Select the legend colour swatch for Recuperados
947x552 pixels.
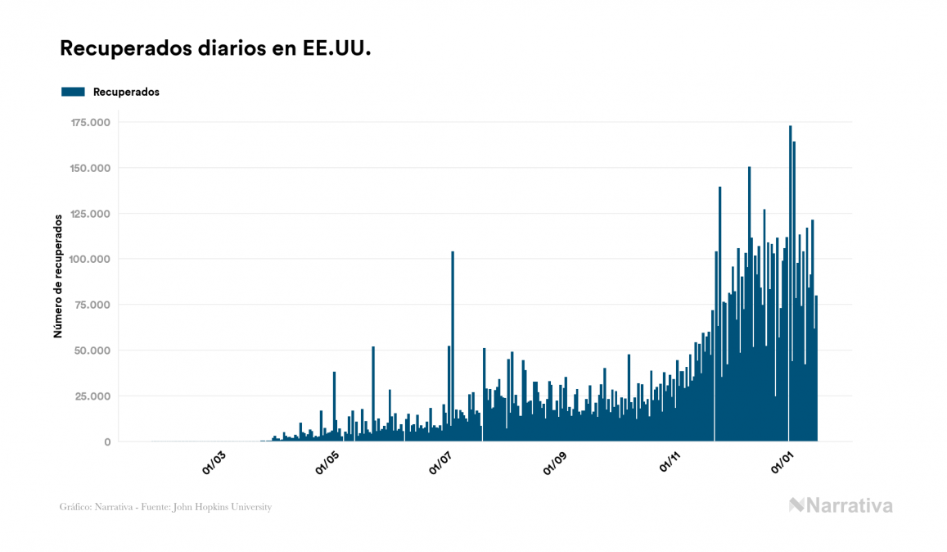(73, 92)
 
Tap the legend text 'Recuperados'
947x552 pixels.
(126, 92)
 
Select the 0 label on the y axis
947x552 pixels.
(106, 442)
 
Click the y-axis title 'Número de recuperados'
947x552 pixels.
(58, 277)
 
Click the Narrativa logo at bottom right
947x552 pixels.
(841, 505)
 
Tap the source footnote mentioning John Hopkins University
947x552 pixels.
(165, 507)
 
